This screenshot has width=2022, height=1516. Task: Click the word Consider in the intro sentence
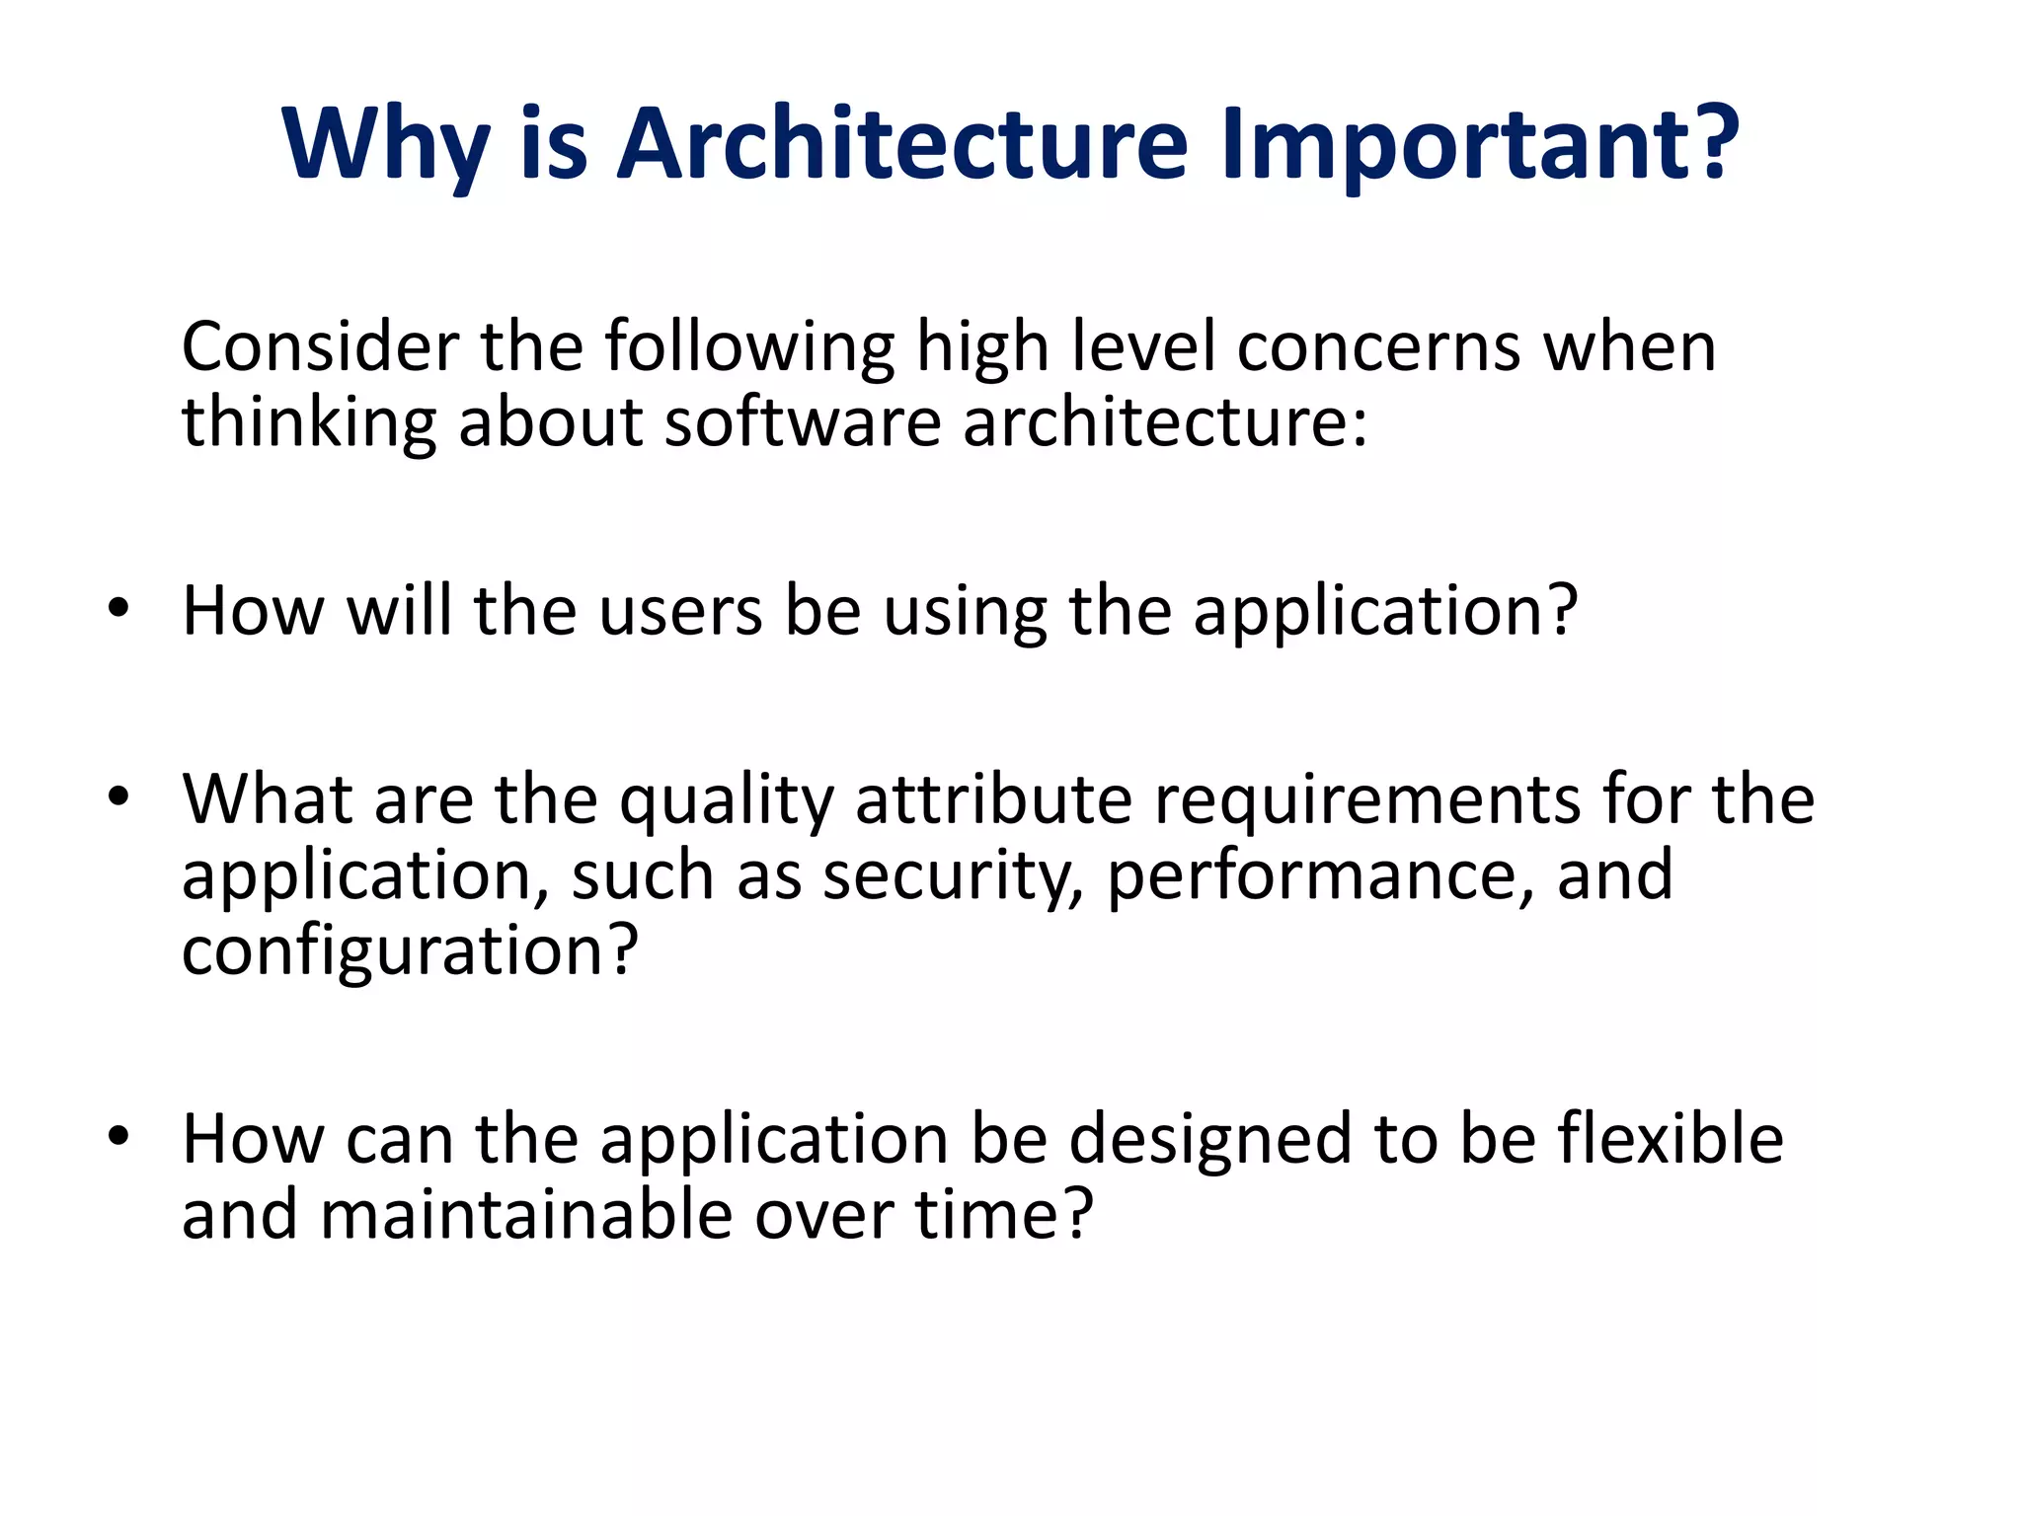(x=320, y=347)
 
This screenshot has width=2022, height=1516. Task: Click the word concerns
(x=1378, y=347)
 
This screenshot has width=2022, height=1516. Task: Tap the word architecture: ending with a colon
(x=1165, y=422)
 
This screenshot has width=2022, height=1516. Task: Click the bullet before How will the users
(x=118, y=609)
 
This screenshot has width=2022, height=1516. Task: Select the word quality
(x=727, y=799)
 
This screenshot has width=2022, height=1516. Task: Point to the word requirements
(x=1368, y=799)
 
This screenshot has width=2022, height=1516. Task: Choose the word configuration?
(x=410, y=951)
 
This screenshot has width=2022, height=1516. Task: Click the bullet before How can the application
(x=118, y=1136)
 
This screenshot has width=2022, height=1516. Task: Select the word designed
(x=1210, y=1140)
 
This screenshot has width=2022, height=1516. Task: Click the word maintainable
(x=526, y=1215)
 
